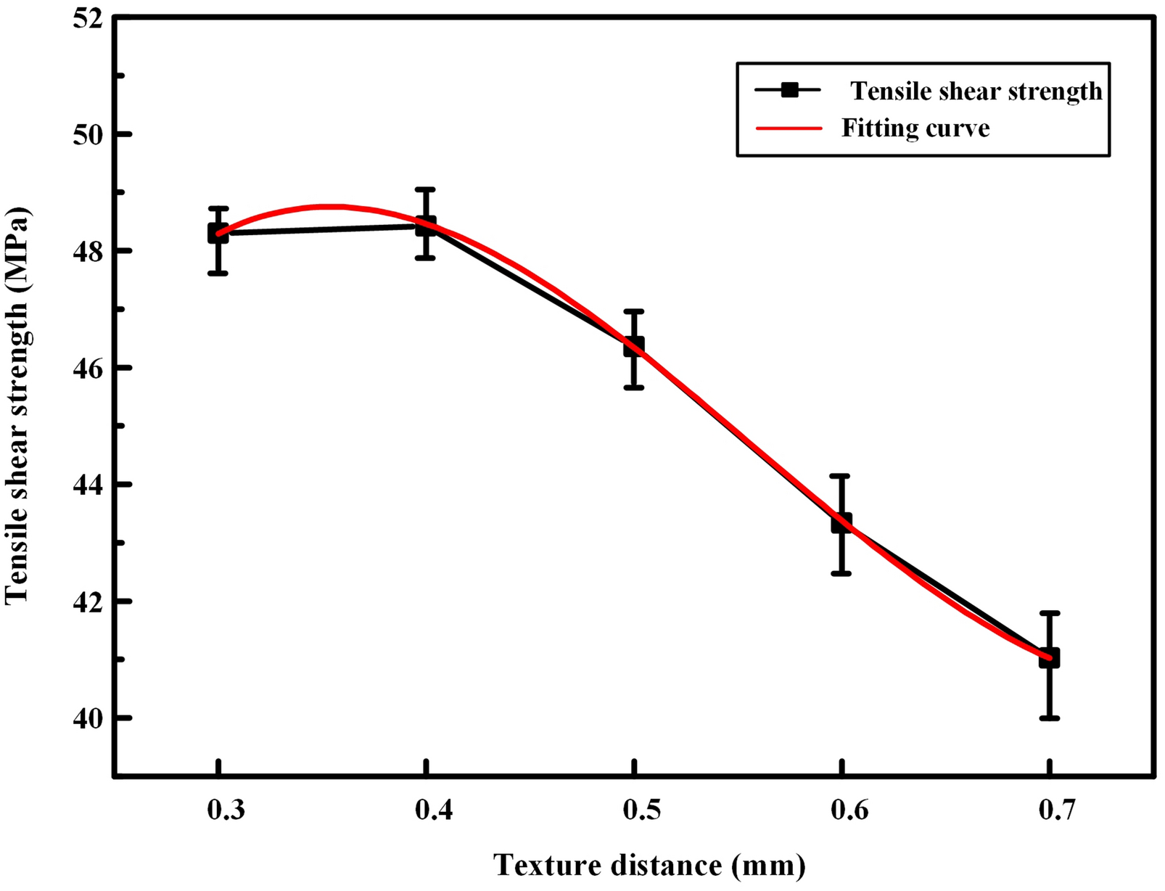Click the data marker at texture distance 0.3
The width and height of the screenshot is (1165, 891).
218,233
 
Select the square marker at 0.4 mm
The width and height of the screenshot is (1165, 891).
426,226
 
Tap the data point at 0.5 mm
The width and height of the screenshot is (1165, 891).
634,345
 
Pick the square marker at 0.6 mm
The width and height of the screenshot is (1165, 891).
841,522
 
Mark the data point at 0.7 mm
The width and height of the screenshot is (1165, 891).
1049,657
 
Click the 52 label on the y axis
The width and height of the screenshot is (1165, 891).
86,17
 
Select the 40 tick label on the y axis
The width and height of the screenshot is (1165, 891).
86,718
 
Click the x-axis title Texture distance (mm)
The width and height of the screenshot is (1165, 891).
649,866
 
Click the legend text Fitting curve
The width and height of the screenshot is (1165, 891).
915,128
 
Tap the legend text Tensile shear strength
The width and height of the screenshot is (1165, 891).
976,91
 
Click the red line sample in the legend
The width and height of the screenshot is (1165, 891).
789,128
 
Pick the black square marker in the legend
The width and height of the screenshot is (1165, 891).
789,90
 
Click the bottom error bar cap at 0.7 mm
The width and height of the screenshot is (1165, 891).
1049,718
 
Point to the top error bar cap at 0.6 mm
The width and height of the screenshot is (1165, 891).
841,476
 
